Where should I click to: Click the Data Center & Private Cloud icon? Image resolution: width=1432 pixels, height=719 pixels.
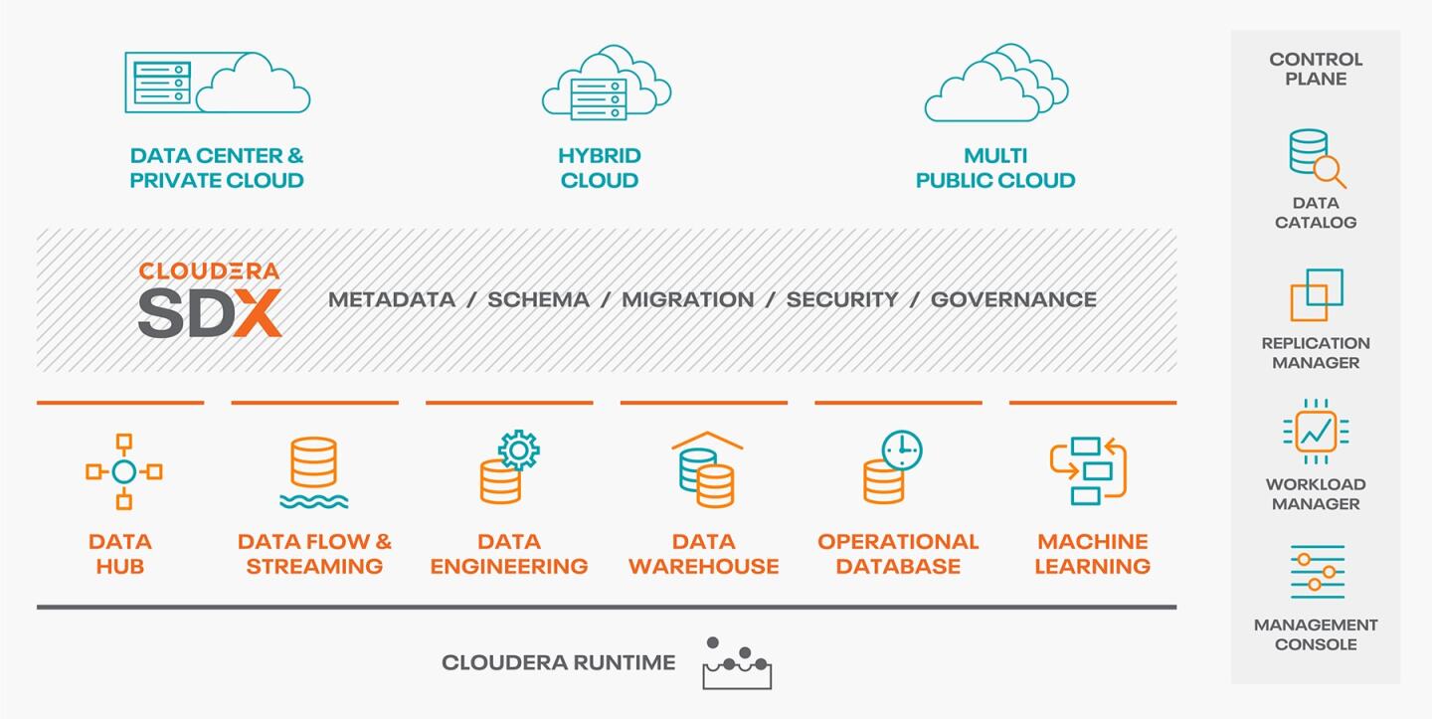point(217,83)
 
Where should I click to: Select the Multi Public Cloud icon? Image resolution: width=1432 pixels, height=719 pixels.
point(994,83)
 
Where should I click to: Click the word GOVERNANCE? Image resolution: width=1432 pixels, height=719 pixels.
point(1013,299)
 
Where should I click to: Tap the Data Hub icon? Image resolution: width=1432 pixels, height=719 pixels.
point(123,471)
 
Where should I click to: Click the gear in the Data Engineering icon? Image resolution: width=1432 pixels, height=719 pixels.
point(518,450)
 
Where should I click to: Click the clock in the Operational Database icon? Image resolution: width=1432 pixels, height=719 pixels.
point(902,450)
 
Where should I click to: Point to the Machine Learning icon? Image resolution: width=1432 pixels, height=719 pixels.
point(1088,470)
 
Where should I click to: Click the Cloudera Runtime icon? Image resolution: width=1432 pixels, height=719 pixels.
point(737,663)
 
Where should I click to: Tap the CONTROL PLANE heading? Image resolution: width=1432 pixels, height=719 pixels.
point(1316,69)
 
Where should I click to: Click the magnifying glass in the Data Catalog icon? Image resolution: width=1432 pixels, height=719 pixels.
point(1328,170)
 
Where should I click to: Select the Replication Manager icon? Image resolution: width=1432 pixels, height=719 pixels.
point(1316,294)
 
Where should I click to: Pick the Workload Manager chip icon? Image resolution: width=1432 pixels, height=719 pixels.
point(1316,432)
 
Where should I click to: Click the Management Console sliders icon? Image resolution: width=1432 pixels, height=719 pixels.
point(1317,572)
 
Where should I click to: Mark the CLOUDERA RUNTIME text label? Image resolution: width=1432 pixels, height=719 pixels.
point(558,662)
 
